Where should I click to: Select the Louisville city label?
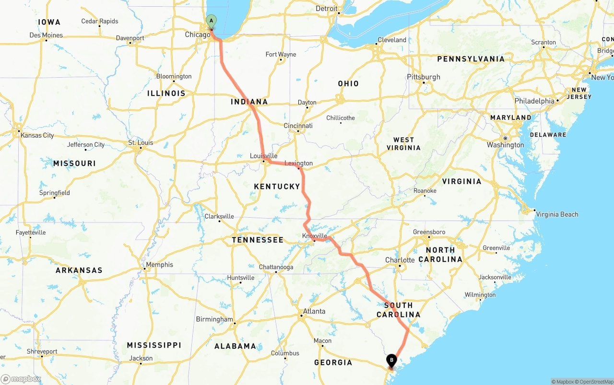[264, 156]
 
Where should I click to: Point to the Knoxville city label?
[315, 236]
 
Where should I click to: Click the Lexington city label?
[298, 163]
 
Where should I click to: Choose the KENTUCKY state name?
[277, 187]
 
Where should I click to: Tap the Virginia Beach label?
[557, 214]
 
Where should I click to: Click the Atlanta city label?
[314, 311]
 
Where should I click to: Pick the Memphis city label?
[160, 265]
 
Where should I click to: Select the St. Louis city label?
[141, 142]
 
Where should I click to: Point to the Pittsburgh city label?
[424, 77]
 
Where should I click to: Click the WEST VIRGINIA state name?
[403, 144]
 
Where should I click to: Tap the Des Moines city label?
[46, 35]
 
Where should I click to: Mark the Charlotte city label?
[400, 260]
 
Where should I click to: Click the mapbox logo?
[22, 379]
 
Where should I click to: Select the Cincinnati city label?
[298, 126]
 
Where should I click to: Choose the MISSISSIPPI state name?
[154, 345]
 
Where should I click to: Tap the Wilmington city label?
[480, 295]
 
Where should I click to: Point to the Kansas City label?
[37, 135]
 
